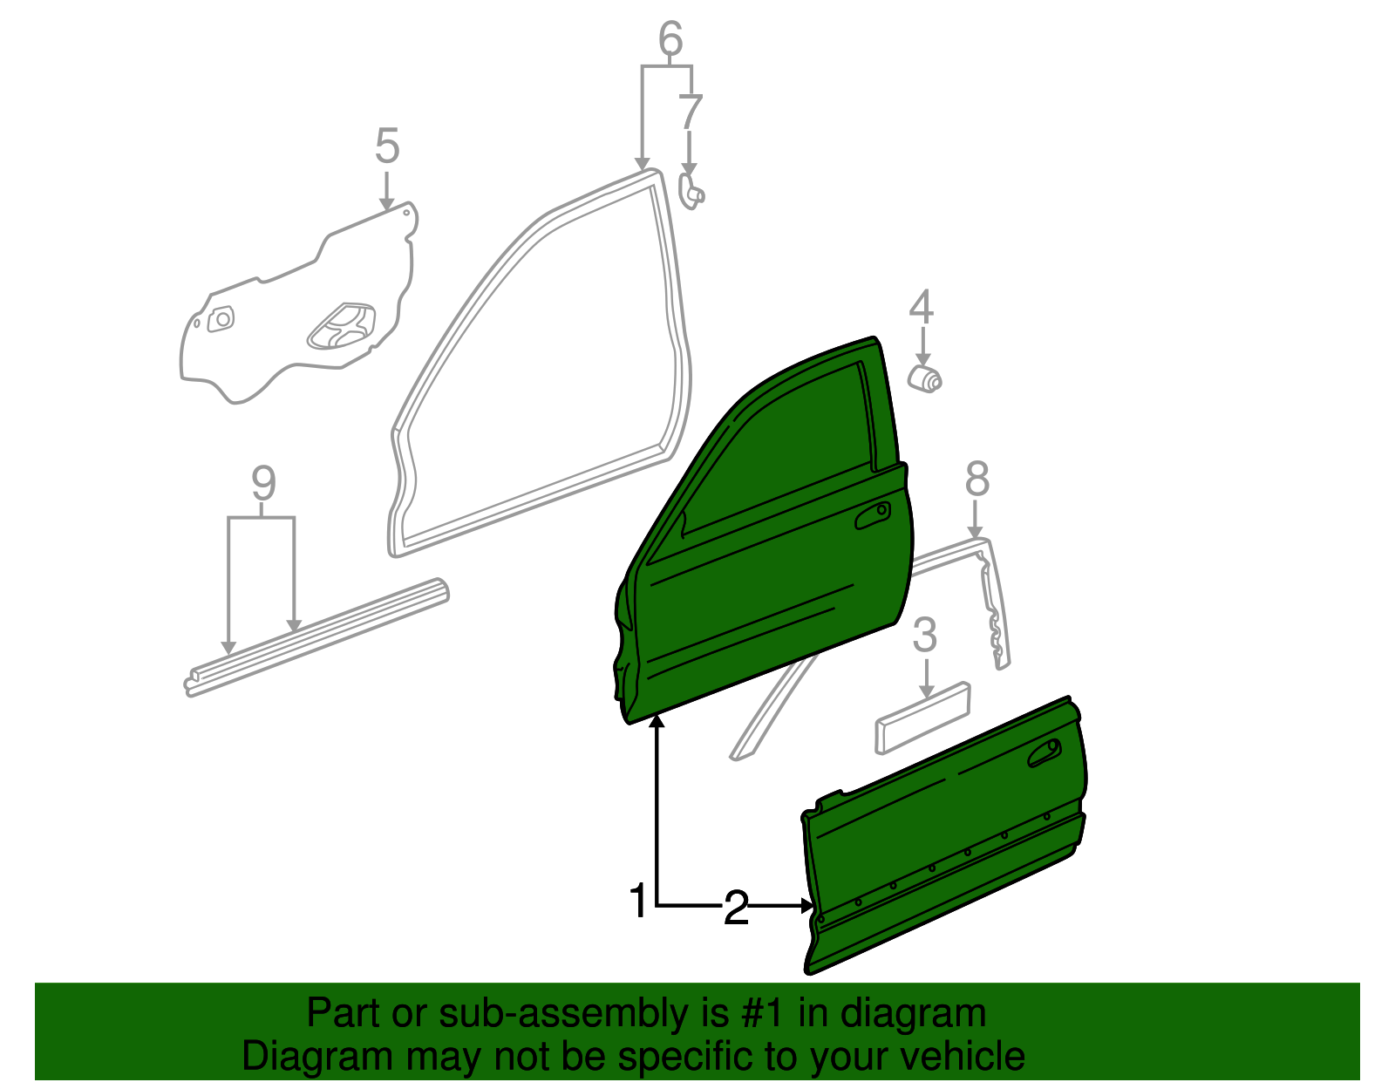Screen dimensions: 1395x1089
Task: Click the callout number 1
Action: coord(638,901)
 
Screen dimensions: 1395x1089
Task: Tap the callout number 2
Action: coord(736,908)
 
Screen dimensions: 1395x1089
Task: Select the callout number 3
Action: coord(925,635)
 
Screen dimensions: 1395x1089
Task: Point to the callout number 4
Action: coord(922,307)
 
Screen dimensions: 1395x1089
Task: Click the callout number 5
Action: coord(387,145)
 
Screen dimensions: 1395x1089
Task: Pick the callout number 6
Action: coord(670,37)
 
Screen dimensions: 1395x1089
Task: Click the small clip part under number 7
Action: coord(691,192)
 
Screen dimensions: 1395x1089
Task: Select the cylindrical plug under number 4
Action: coord(924,378)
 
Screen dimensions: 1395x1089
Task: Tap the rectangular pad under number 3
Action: coord(922,718)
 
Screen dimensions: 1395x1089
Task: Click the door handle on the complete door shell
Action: coord(873,515)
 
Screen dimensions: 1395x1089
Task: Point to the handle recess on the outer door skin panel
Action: coord(1045,752)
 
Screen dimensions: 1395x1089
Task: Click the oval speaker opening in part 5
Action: coord(342,326)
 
